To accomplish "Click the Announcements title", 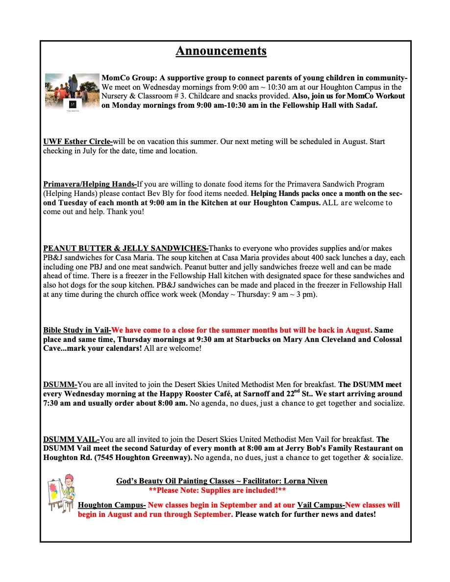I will pyautogui.click(x=221, y=51).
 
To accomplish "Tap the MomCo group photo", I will pyautogui.click(x=72, y=91).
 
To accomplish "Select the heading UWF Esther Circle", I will pyautogui.click(x=77, y=142).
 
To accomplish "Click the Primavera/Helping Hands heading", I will pyautogui.click(x=90, y=184).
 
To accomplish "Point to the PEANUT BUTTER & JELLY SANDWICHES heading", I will pyautogui.click(x=125, y=248).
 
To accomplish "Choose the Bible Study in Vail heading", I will pyautogui.click(x=77, y=330).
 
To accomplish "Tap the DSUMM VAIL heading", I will pyautogui.click(x=71, y=439).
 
